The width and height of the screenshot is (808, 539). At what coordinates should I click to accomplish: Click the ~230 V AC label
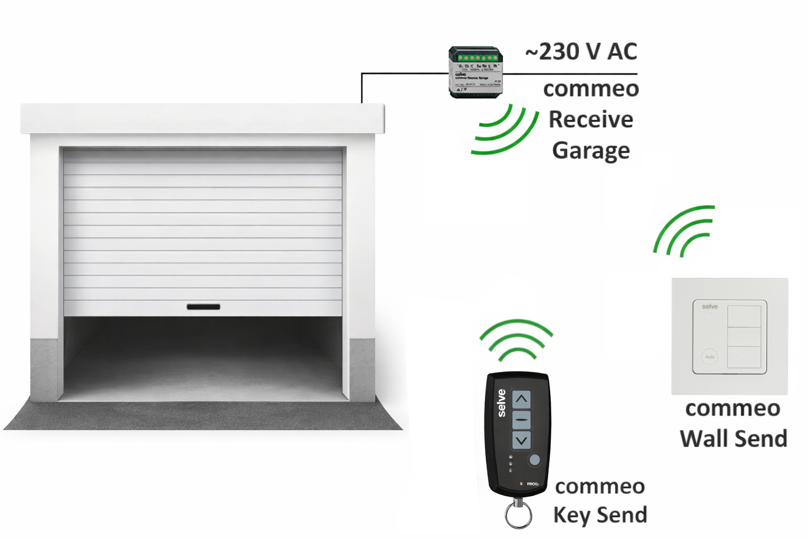point(581,52)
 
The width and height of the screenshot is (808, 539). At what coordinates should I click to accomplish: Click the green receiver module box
point(476,72)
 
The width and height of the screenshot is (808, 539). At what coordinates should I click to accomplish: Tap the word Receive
point(591,119)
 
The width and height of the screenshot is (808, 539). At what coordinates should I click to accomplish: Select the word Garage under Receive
point(591,151)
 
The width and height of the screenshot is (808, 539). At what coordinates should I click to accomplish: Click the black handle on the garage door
point(203,307)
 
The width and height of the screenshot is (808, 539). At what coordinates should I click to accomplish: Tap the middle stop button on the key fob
point(521,420)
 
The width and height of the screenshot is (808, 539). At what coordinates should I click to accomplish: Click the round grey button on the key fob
point(534,460)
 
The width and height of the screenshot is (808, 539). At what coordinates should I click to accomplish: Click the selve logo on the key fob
point(501,403)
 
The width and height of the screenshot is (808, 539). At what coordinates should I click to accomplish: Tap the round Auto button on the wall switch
point(710,357)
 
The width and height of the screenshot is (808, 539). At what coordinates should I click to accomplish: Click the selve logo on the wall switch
point(710,306)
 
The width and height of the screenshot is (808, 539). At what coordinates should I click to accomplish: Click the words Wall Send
point(733,439)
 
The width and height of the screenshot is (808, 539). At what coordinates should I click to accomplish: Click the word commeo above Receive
point(591,88)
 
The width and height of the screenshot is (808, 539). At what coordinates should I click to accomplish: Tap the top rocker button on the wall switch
point(744,316)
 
